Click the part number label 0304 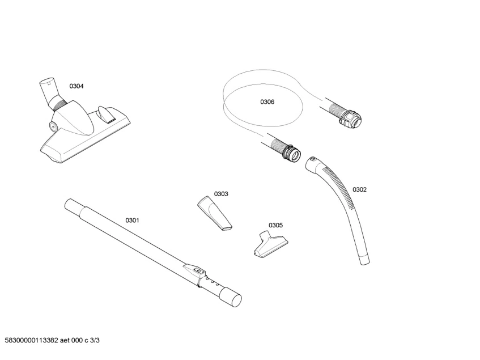tap(77, 86)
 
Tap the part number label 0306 tap(267, 102)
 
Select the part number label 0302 tap(359, 190)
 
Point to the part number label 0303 tap(221, 194)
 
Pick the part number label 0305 tap(276, 225)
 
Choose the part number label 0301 tap(132, 221)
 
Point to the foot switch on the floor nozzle tap(106, 114)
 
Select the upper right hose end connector tap(350, 118)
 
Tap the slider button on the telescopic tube tap(198, 271)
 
